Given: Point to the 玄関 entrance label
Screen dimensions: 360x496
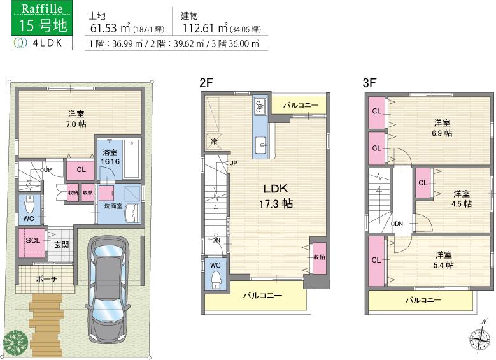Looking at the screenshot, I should point(61,245).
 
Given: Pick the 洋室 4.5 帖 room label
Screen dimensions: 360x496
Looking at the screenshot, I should point(462,198).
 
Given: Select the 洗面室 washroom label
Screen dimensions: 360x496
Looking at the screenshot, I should point(105,206).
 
